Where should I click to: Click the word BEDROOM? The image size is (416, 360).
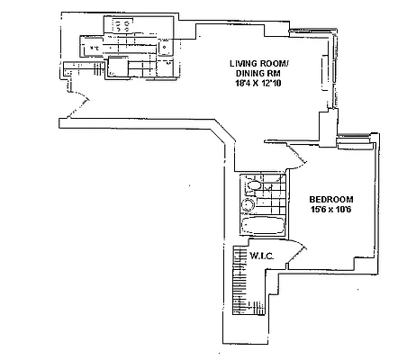coord(330,199)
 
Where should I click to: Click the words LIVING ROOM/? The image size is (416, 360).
coord(260,63)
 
